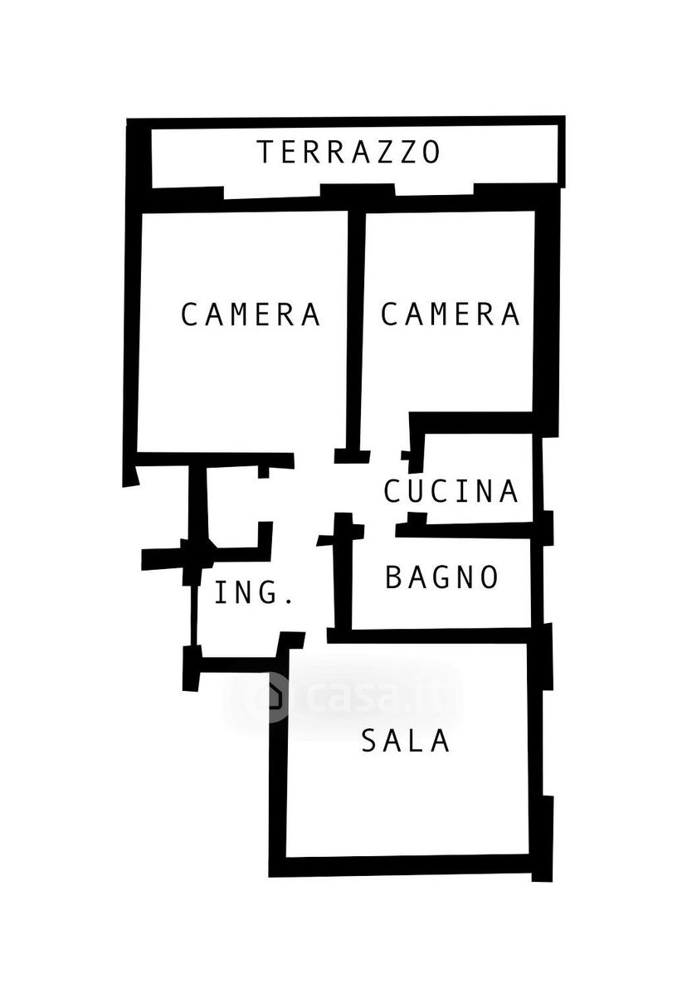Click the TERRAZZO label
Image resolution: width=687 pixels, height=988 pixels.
tap(348, 152)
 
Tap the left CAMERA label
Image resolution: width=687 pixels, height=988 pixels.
tap(251, 314)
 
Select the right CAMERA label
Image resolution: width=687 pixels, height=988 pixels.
tap(450, 314)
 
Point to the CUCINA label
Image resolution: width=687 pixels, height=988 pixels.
tap(451, 491)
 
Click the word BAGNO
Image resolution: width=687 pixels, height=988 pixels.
tap(442, 577)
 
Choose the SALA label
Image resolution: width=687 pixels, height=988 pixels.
tap(405, 740)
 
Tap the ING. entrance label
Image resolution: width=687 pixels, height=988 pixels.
tap(254, 592)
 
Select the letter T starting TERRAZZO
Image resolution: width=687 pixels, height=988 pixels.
tap(266, 152)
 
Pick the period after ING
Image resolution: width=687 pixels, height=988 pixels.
tap(290, 601)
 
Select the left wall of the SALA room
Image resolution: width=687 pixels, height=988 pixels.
tap(278, 766)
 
